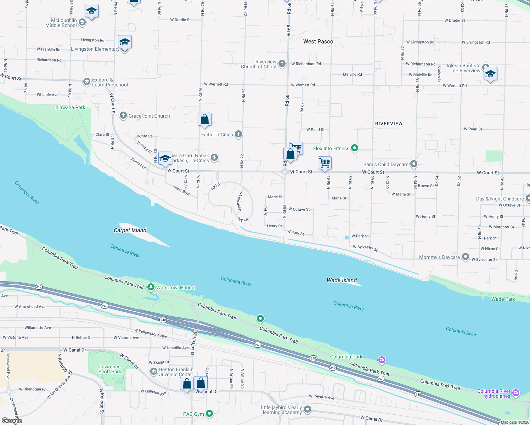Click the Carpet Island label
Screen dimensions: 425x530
point(130,230)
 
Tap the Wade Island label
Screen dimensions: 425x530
point(342,280)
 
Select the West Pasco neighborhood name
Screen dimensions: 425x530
point(318,41)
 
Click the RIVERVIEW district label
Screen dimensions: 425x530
point(389,124)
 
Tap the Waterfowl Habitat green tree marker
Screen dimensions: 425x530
point(151,287)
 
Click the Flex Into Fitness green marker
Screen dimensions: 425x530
point(355,148)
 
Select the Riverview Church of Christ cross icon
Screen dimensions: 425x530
point(282,64)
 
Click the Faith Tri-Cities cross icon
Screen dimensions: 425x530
point(238,134)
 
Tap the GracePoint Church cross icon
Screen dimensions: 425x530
point(123,115)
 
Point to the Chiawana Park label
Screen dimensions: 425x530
point(69,107)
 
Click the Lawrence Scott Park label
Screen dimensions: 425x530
point(110,369)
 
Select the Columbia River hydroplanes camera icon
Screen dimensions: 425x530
point(516,393)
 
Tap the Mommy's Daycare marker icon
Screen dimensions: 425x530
point(466,257)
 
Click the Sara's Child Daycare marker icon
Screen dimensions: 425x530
point(414,164)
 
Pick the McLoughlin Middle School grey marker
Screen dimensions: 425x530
point(82,23)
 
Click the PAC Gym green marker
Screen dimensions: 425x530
point(209,413)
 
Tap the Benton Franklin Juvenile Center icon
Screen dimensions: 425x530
point(154,372)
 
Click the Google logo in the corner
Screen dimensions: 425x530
point(12,420)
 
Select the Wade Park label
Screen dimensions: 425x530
point(503,299)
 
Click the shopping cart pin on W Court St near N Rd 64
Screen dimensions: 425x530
point(325,163)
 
